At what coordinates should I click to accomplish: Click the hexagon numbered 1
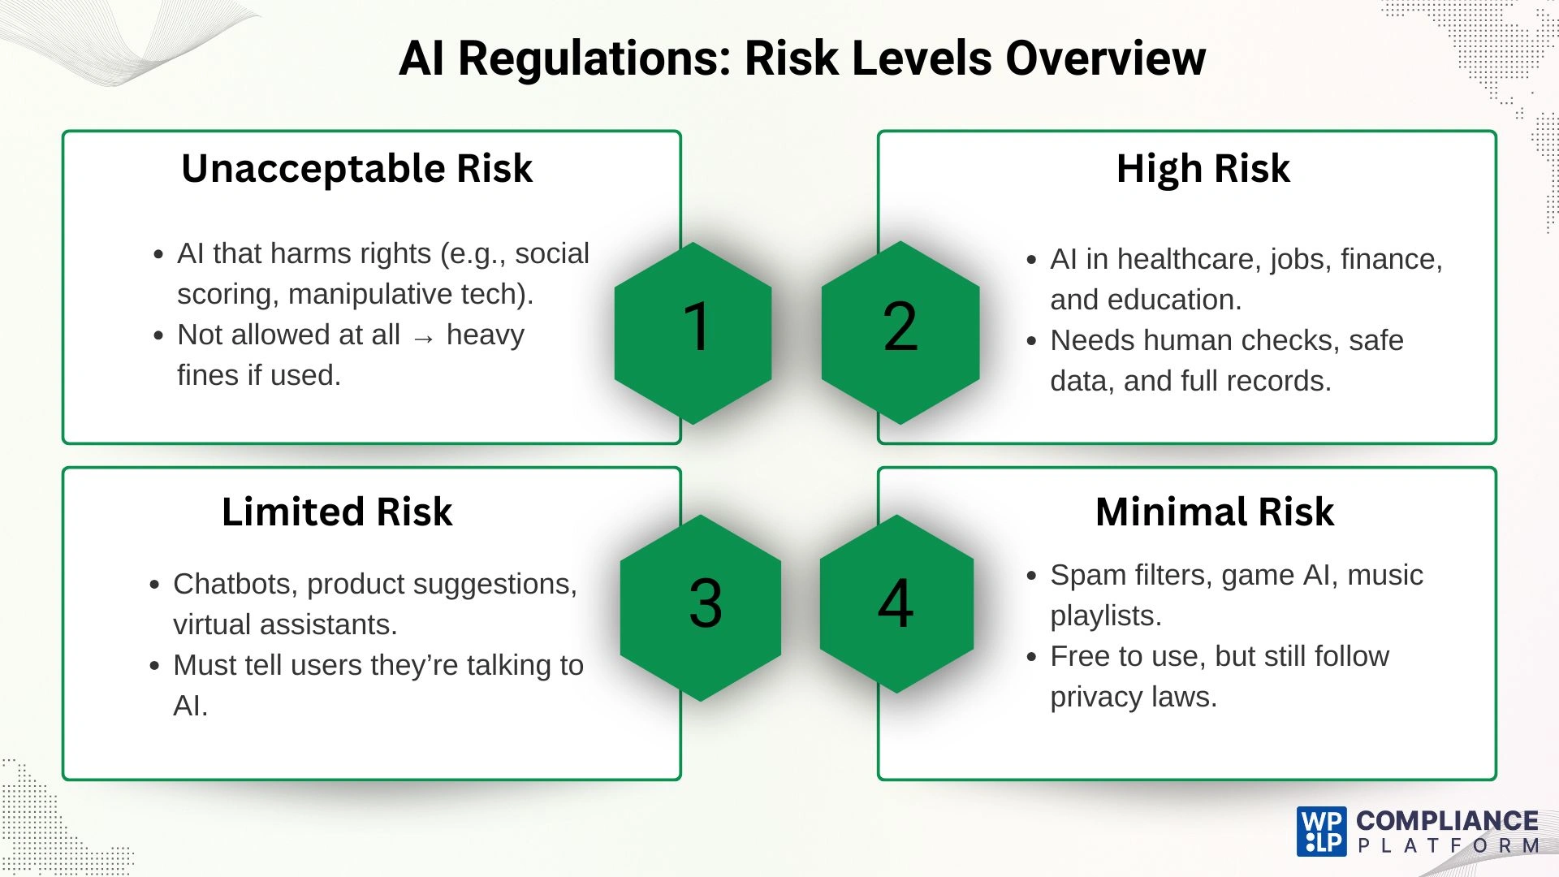[x=693, y=332]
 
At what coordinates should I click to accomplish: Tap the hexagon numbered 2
[x=900, y=332]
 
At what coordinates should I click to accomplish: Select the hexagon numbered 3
[x=701, y=607]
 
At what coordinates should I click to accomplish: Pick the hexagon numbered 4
[x=896, y=603]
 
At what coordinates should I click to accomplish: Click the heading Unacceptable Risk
[x=356, y=169]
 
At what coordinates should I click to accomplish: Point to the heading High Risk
[x=1203, y=169]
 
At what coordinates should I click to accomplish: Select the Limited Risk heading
[x=337, y=512]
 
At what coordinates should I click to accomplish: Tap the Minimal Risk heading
[x=1214, y=512]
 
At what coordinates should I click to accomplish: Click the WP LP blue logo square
[x=1321, y=831]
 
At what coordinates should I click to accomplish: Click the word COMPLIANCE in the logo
[x=1447, y=821]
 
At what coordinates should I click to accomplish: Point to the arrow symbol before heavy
[x=423, y=338]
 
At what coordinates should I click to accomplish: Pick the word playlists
[x=1104, y=616]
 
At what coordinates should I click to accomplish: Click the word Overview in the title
[x=1105, y=58]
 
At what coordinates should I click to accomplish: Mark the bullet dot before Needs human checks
[x=1031, y=342]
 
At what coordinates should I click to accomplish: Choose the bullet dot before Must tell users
[x=154, y=667]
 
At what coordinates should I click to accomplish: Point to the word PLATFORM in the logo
[x=1449, y=846]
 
